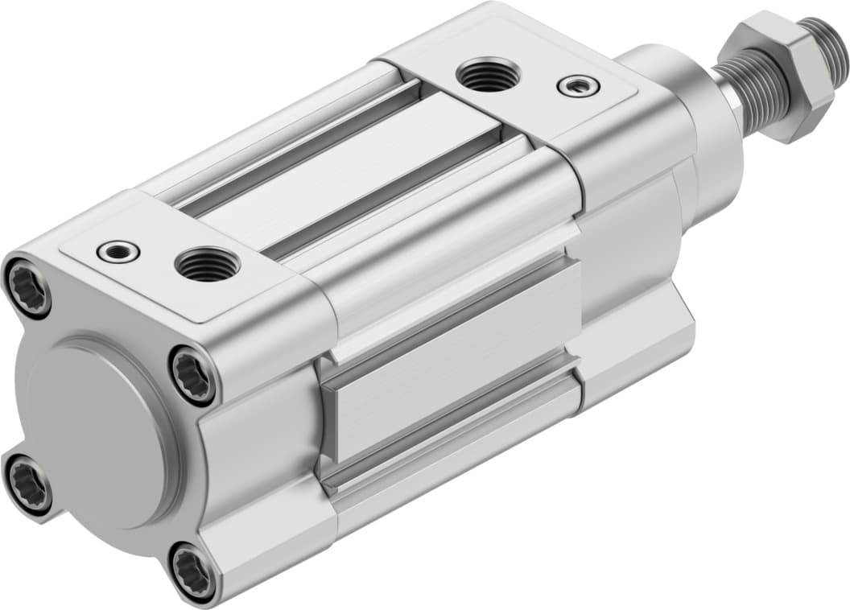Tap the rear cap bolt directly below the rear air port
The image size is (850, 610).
(x=194, y=375)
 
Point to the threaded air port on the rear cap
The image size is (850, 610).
(x=207, y=264)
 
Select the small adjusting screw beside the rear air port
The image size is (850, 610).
(x=118, y=252)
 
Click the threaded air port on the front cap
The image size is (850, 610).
(x=487, y=74)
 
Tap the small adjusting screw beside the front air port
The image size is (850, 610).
(x=578, y=84)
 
